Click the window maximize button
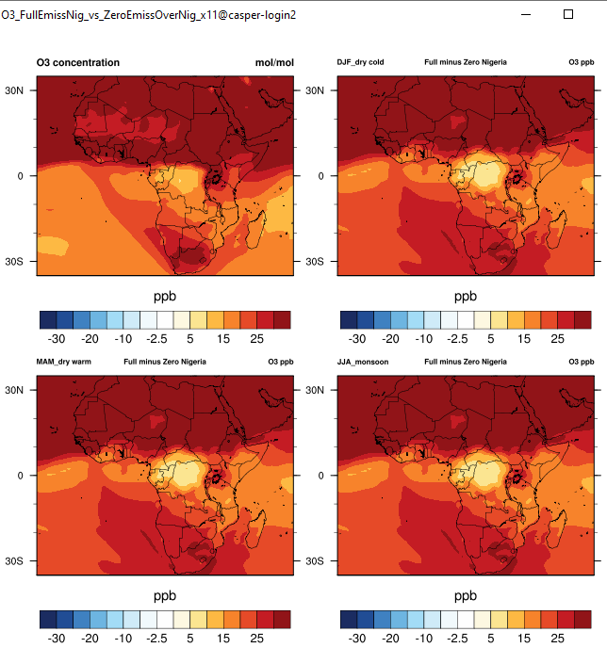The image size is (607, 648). click(x=567, y=14)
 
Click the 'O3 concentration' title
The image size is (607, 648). click(x=78, y=62)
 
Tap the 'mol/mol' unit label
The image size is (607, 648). click(x=274, y=62)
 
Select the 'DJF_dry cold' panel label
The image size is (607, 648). click(x=361, y=62)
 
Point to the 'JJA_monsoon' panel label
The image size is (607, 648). click(x=362, y=362)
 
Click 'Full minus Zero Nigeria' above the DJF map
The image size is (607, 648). click(x=466, y=62)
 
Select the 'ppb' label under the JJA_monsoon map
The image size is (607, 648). click(x=466, y=596)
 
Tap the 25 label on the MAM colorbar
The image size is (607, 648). click(x=256, y=639)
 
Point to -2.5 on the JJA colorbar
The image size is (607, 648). click(x=457, y=639)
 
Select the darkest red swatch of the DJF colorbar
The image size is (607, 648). click(x=582, y=319)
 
